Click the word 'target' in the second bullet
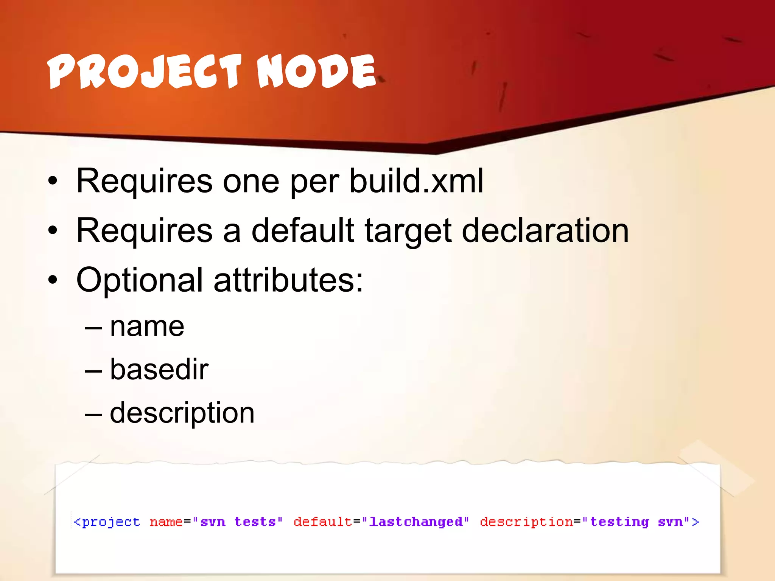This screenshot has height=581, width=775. [x=408, y=231]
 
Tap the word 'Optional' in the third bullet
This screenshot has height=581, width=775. [x=140, y=281]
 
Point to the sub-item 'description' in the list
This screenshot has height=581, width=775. [x=182, y=413]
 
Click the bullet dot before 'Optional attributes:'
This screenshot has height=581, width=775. [x=53, y=280]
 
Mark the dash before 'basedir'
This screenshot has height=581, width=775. [x=93, y=370]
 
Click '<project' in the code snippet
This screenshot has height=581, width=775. [x=107, y=522]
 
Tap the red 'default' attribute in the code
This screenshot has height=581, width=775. [x=323, y=522]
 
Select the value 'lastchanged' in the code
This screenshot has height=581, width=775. [x=416, y=522]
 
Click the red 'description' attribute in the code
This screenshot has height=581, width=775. [x=526, y=522]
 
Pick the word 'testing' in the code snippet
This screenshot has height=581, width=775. [x=619, y=522]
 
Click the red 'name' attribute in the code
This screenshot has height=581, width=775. [x=166, y=522]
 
